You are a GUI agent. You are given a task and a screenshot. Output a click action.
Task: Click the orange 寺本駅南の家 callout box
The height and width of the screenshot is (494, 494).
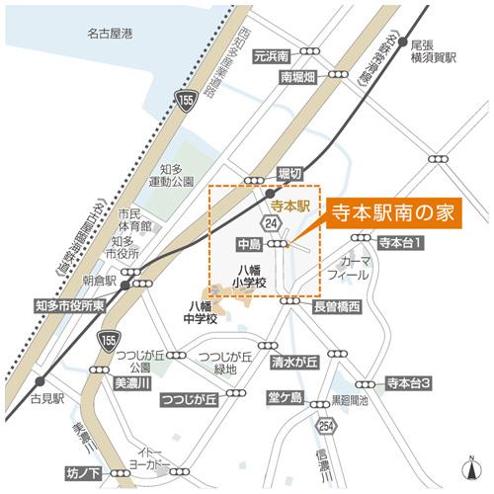[388, 213]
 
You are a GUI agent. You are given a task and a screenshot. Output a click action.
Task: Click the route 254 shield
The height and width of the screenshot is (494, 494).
[326, 425]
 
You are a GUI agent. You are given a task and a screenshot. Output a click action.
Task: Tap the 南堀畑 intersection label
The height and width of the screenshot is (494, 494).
[296, 77]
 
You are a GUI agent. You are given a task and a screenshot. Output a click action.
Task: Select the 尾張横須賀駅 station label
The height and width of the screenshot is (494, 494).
[435, 52]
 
